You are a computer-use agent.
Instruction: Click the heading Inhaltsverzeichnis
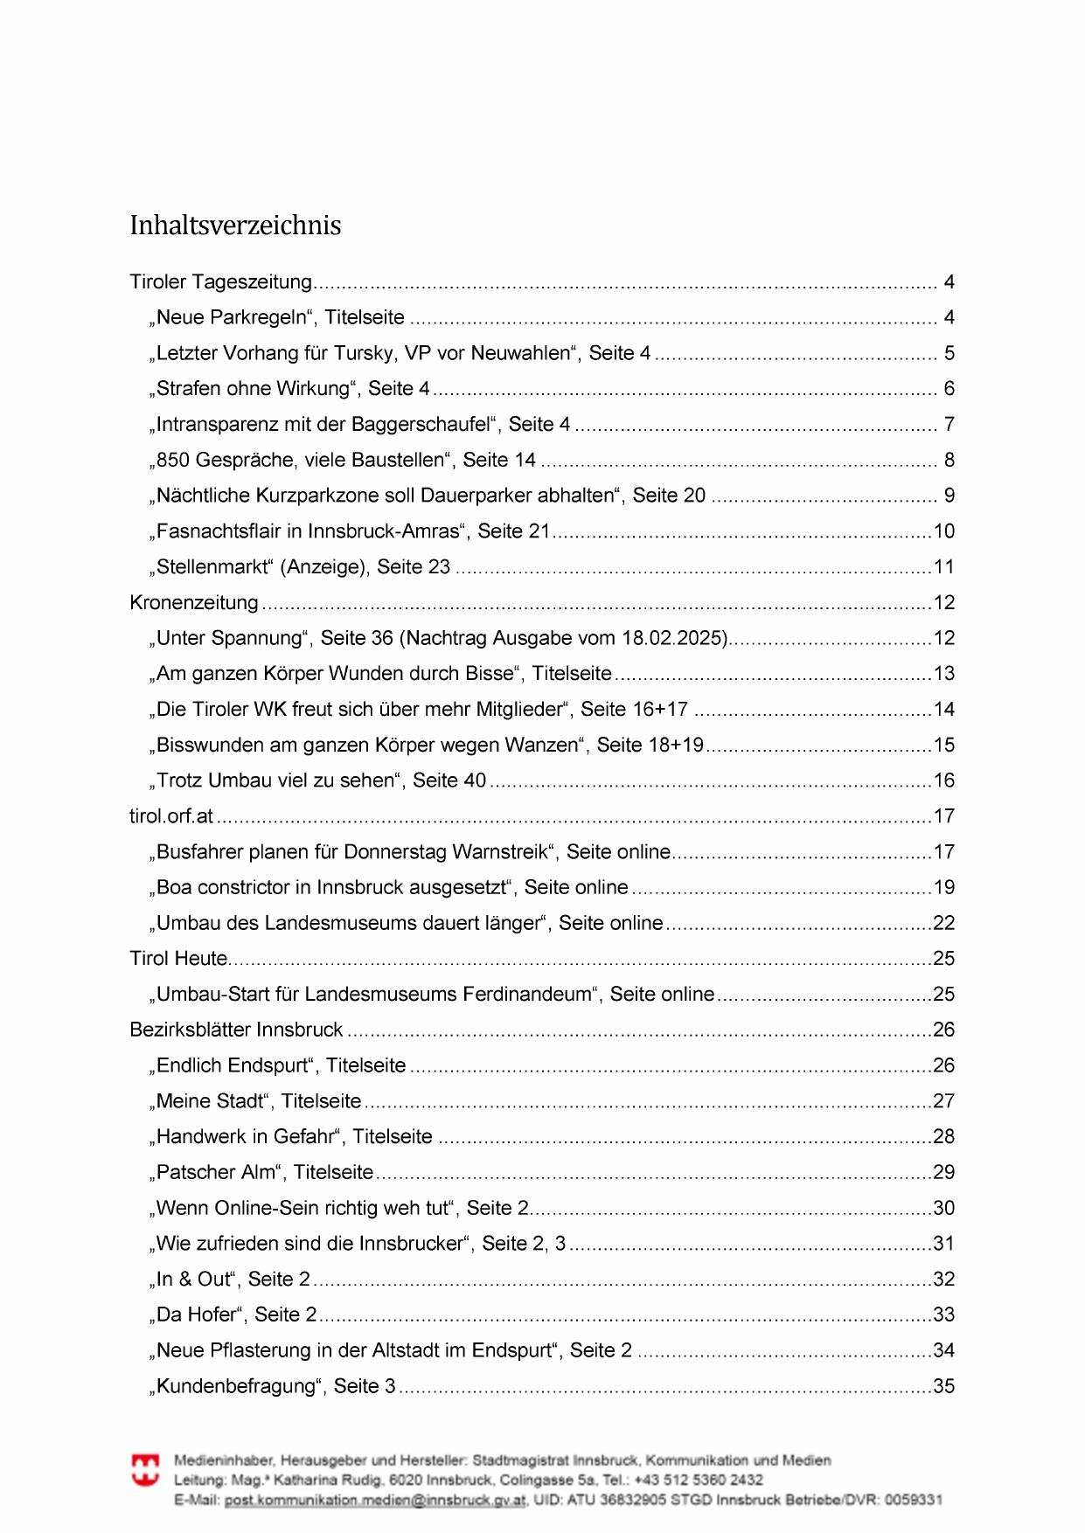(x=235, y=225)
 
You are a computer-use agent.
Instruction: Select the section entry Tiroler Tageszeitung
(x=220, y=282)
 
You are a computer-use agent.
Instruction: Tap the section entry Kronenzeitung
(x=194, y=603)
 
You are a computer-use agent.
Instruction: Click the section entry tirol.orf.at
(x=171, y=816)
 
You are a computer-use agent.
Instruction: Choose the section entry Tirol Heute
(x=179, y=959)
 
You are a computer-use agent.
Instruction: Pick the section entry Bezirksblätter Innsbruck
(x=236, y=1030)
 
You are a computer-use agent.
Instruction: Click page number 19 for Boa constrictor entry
(x=943, y=888)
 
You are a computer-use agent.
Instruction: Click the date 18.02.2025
(x=674, y=638)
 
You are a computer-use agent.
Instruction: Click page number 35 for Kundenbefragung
(x=943, y=1386)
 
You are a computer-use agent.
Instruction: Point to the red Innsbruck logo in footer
(x=145, y=1470)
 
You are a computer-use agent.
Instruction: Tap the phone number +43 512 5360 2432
(x=699, y=1480)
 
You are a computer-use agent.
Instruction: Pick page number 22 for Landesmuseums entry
(x=943, y=923)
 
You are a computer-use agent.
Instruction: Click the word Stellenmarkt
(x=213, y=567)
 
